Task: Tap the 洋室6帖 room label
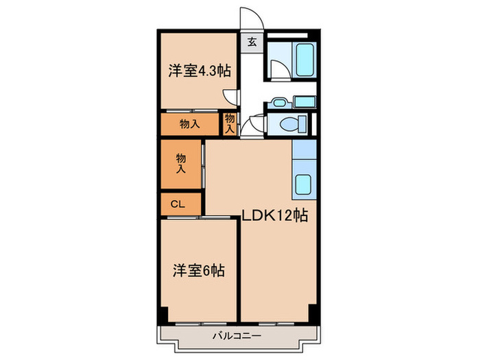198,271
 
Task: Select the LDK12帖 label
274,215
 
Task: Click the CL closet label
178,204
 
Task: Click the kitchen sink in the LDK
303,184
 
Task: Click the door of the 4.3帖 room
235,97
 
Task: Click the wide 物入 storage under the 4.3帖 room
190,124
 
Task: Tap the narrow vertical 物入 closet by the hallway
230,124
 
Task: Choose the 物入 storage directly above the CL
182,164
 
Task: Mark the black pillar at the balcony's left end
162,315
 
